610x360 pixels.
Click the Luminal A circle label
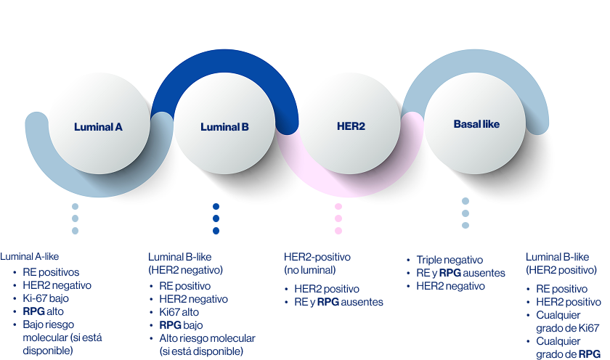click(x=98, y=127)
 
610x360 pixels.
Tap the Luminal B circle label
click(x=224, y=127)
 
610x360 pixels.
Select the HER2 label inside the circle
click(x=351, y=126)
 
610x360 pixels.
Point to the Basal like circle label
click(x=476, y=124)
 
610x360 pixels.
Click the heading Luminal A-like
click(x=29, y=256)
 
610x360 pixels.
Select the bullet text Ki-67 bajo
click(x=47, y=298)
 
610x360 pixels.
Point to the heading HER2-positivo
click(x=317, y=257)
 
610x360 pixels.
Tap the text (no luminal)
click(x=310, y=270)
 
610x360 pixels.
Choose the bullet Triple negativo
click(x=450, y=260)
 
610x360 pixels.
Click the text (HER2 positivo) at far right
click(x=561, y=270)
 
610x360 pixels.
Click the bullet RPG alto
click(x=45, y=311)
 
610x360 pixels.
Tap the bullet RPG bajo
click(x=181, y=325)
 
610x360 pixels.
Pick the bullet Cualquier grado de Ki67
click(x=567, y=322)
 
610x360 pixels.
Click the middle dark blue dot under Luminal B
click(x=216, y=218)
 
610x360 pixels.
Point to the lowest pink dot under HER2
click(x=338, y=231)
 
